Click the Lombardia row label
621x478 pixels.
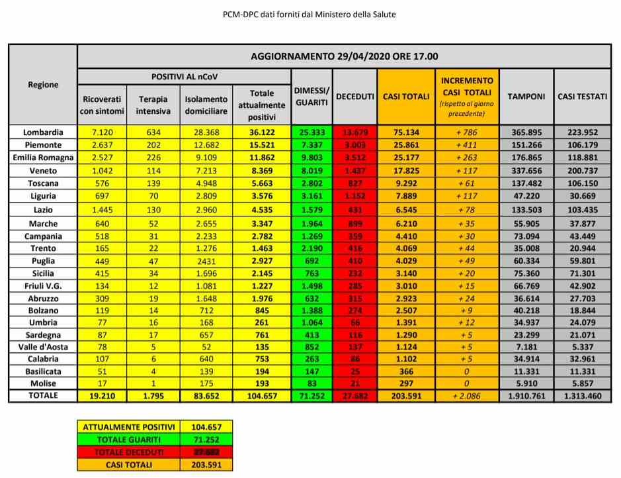tap(42, 132)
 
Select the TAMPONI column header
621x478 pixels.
tap(526, 96)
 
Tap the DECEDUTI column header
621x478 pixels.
tap(354, 96)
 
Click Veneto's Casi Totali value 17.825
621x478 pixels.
tap(406, 170)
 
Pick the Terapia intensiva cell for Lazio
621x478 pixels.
tap(153, 210)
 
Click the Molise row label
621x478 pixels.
tap(42, 383)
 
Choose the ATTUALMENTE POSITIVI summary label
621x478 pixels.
tap(127, 428)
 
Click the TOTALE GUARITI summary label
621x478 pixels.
tap(127, 440)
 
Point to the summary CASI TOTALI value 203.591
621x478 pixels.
tap(206, 465)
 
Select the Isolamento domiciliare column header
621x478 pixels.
tap(206, 105)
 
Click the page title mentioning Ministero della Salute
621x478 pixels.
tap(310, 14)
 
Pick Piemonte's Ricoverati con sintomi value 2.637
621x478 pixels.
tap(101, 144)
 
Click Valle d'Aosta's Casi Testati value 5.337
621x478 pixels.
tap(582, 346)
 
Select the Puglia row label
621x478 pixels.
tap(42, 260)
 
